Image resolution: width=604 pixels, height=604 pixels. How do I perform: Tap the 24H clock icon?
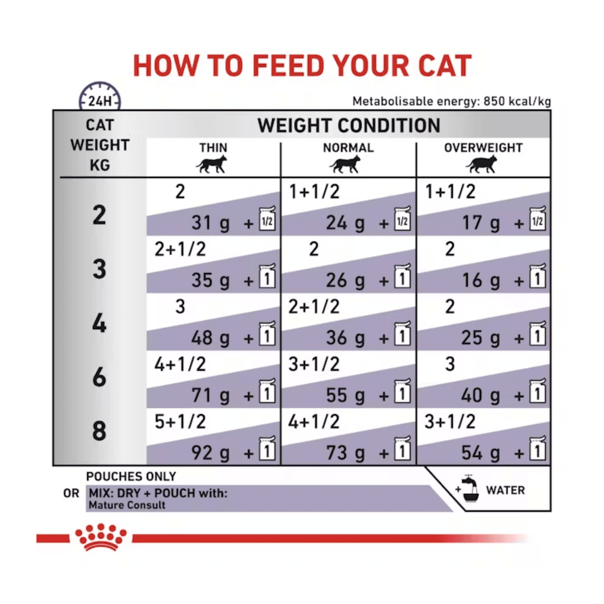pyautogui.click(x=100, y=96)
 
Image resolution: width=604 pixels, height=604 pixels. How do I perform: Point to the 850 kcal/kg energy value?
pyautogui.click(x=517, y=101)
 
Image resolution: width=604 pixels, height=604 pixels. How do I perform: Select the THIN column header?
pyautogui.click(x=213, y=147)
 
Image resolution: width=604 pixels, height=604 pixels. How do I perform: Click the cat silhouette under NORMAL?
pyautogui.click(x=345, y=165)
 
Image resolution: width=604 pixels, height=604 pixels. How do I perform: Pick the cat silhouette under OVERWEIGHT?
pyautogui.click(x=481, y=165)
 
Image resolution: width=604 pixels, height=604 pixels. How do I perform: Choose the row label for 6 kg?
pyautogui.click(x=99, y=377)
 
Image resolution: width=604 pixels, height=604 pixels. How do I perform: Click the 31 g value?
pyautogui.click(x=211, y=222)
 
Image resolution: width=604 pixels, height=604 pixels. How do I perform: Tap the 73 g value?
pyautogui.click(x=346, y=452)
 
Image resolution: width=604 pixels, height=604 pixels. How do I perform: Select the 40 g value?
pyautogui.click(x=481, y=395)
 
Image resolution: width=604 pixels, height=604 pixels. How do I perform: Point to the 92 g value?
pyautogui.click(x=211, y=452)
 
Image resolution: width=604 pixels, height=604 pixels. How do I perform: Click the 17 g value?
pyautogui.click(x=481, y=222)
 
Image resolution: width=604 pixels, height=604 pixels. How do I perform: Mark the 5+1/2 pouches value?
pyautogui.click(x=180, y=422)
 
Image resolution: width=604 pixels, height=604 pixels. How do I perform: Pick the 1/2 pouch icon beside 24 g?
pyautogui.click(x=402, y=219)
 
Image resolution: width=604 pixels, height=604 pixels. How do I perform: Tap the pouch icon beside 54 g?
pyautogui.click(x=538, y=448)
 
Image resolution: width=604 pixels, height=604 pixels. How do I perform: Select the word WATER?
pyautogui.click(x=505, y=490)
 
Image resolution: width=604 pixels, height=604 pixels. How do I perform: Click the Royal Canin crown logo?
pyautogui.click(x=100, y=537)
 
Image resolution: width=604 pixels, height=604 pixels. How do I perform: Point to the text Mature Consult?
pyautogui.click(x=127, y=505)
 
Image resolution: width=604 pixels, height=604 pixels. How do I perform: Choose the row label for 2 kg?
pyautogui.click(x=99, y=215)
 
